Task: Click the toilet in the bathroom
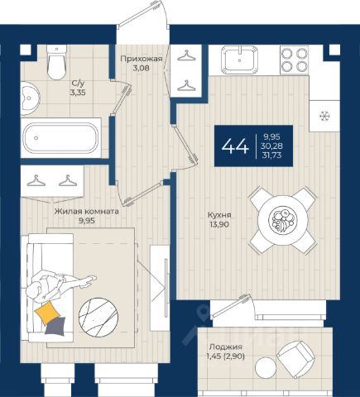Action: pyautogui.click(x=56, y=62)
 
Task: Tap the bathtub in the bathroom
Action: pyautogui.click(x=60, y=138)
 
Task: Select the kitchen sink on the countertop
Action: pyautogui.click(x=240, y=60)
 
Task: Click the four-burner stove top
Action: pyautogui.click(x=295, y=60)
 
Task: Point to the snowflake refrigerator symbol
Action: pyautogui.click(x=324, y=116)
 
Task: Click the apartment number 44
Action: pyautogui.click(x=235, y=146)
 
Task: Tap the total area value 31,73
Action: pyautogui.click(x=272, y=155)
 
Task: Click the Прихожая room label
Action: pyautogui.click(x=141, y=59)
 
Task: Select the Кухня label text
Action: pyautogui.click(x=219, y=215)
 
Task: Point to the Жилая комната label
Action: pyautogui.click(x=87, y=212)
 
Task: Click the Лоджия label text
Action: pyautogui.click(x=226, y=347)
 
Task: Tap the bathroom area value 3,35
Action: pyautogui.click(x=78, y=93)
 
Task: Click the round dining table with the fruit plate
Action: pyautogui.click(x=282, y=220)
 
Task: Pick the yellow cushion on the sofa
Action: pyautogui.click(x=47, y=313)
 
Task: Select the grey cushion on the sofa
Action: pyautogui.click(x=55, y=327)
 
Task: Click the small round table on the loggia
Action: pyautogui.click(x=266, y=368)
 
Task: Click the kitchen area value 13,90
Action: pyautogui.click(x=219, y=224)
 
